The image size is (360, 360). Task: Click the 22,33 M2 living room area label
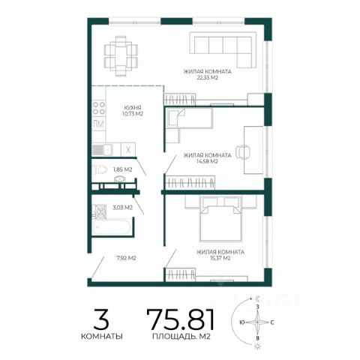pyautogui.click(x=207, y=78)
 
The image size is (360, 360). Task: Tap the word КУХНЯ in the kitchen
pyautogui.click(x=133, y=108)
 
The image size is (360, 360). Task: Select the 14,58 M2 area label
pyautogui.click(x=207, y=161)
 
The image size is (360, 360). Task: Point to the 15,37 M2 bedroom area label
pyautogui.click(x=220, y=258)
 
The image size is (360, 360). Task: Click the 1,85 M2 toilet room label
pyautogui.click(x=122, y=169)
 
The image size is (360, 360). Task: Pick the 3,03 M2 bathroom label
pyautogui.click(x=122, y=208)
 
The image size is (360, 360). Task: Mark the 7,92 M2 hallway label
pyautogui.click(x=126, y=258)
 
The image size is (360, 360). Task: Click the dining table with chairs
pyautogui.click(x=121, y=56)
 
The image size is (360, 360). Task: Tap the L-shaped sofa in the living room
pyautogui.click(x=223, y=49)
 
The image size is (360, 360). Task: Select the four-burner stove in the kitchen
pyautogui.click(x=99, y=108)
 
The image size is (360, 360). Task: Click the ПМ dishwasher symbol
pyautogui.click(x=98, y=124)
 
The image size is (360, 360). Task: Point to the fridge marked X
pyautogui.click(x=128, y=150)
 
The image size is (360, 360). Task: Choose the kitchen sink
pyautogui.click(x=103, y=150)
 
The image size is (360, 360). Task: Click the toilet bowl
pyautogui.click(x=100, y=169)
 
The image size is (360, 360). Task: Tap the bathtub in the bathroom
pyautogui.click(x=112, y=227)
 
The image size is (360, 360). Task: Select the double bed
pyautogui.click(x=220, y=219)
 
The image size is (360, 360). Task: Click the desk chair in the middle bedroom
pyautogui.click(x=243, y=151)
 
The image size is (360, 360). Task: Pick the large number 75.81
pyautogui.click(x=181, y=319)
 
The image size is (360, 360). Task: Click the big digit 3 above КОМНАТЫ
pyautogui.click(x=101, y=319)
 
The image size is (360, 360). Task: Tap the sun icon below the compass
pyautogui.click(x=257, y=346)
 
